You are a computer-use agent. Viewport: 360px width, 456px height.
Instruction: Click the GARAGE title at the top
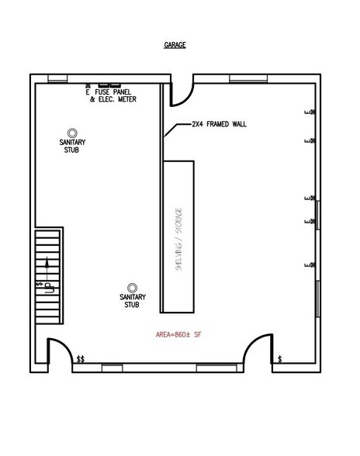click(175, 45)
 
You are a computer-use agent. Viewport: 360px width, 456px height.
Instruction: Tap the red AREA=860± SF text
click(178, 334)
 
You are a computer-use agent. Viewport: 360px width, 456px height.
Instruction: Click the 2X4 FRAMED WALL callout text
click(219, 124)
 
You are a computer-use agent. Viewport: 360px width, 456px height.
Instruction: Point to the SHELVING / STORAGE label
click(178, 239)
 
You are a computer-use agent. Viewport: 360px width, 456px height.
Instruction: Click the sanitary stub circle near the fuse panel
click(72, 133)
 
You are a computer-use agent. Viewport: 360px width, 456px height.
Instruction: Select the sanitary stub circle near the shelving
click(133, 288)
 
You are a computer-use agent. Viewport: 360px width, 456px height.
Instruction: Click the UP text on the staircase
click(50, 288)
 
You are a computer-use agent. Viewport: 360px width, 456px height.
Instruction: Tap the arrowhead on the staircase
click(47, 262)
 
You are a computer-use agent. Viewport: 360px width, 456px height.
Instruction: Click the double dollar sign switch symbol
click(81, 360)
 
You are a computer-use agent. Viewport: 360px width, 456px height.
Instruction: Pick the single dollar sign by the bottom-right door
click(279, 359)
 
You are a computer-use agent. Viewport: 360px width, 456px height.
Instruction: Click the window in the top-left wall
click(57, 78)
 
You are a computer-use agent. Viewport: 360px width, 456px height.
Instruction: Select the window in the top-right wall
click(248, 78)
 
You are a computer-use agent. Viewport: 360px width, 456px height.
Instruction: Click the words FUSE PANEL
click(113, 92)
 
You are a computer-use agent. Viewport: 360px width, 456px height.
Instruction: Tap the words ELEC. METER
click(117, 99)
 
